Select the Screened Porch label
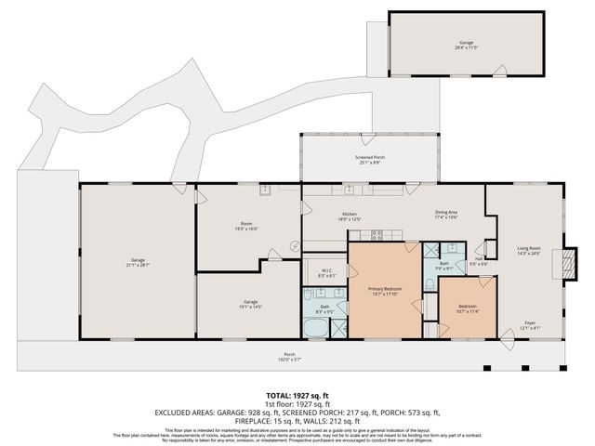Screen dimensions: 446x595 tap(368, 160)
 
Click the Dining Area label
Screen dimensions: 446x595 tap(446, 216)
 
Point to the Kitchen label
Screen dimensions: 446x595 tap(350, 216)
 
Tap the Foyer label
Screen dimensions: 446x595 tap(528, 326)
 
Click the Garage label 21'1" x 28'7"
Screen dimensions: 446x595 tap(138, 264)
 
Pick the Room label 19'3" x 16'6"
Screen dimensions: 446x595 tap(246, 226)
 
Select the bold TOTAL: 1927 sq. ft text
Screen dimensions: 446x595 tap(297, 396)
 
